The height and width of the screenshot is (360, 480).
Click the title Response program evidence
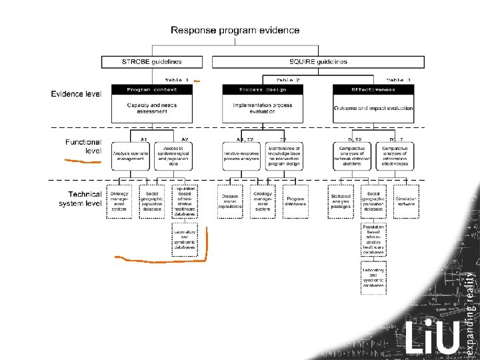point(235,30)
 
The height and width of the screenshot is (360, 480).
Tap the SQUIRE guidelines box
point(317,62)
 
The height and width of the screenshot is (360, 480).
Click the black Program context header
point(152,89)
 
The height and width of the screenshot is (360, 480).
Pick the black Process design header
point(263,89)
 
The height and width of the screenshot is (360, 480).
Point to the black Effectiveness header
point(373,89)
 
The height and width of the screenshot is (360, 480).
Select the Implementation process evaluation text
point(263,108)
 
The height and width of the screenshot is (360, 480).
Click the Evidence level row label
point(76,94)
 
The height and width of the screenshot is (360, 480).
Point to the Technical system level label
point(80,199)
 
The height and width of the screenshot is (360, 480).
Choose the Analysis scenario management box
point(130,156)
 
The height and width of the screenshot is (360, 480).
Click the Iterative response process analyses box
point(241,156)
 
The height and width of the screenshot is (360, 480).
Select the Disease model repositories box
point(230,201)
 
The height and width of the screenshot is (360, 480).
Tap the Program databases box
point(295,201)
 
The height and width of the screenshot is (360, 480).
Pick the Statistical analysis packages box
point(341,201)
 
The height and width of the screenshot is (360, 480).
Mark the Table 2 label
point(288,80)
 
